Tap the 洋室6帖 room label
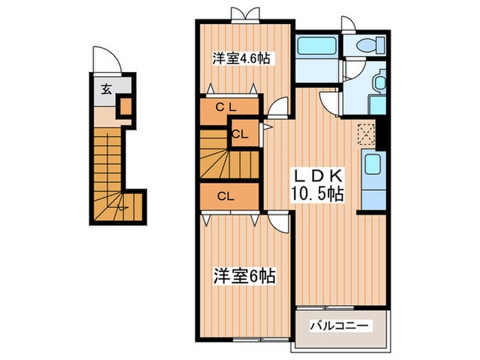(x=244, y=276)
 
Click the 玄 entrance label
(x=107, y=88)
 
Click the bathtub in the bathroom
(x=315, y=50)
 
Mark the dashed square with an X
(x=366, y=132)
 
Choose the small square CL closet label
(x=240, y=134)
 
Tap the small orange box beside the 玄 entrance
(x=125, y=106)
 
